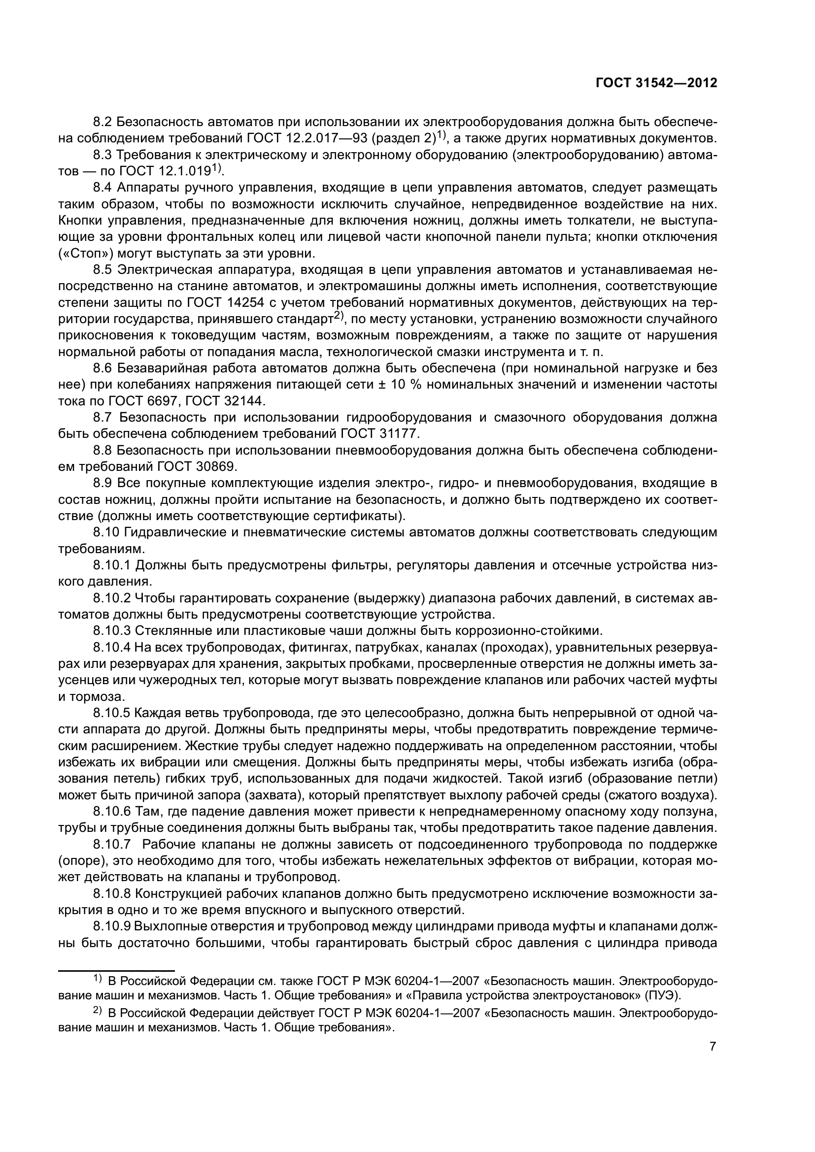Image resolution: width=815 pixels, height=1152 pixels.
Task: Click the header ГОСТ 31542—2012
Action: pyautogui.click(x=656, y=83)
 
